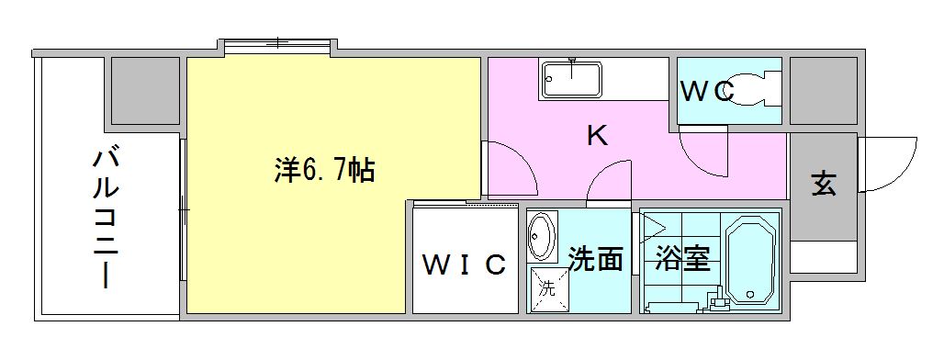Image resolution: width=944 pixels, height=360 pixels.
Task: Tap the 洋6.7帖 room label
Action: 324,171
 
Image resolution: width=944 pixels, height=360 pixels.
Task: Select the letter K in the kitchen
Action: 597,137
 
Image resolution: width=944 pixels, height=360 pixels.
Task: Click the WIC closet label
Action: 464,264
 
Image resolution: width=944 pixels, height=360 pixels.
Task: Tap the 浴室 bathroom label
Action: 682,260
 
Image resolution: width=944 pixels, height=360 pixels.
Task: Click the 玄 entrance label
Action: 823,185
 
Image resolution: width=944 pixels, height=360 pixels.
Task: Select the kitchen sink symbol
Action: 572,79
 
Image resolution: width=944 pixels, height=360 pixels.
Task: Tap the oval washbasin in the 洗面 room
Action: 542,237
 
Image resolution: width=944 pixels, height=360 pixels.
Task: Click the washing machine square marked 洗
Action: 546,287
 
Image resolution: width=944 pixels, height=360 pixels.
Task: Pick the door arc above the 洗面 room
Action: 610,181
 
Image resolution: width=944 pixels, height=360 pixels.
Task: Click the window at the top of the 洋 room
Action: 276,42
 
